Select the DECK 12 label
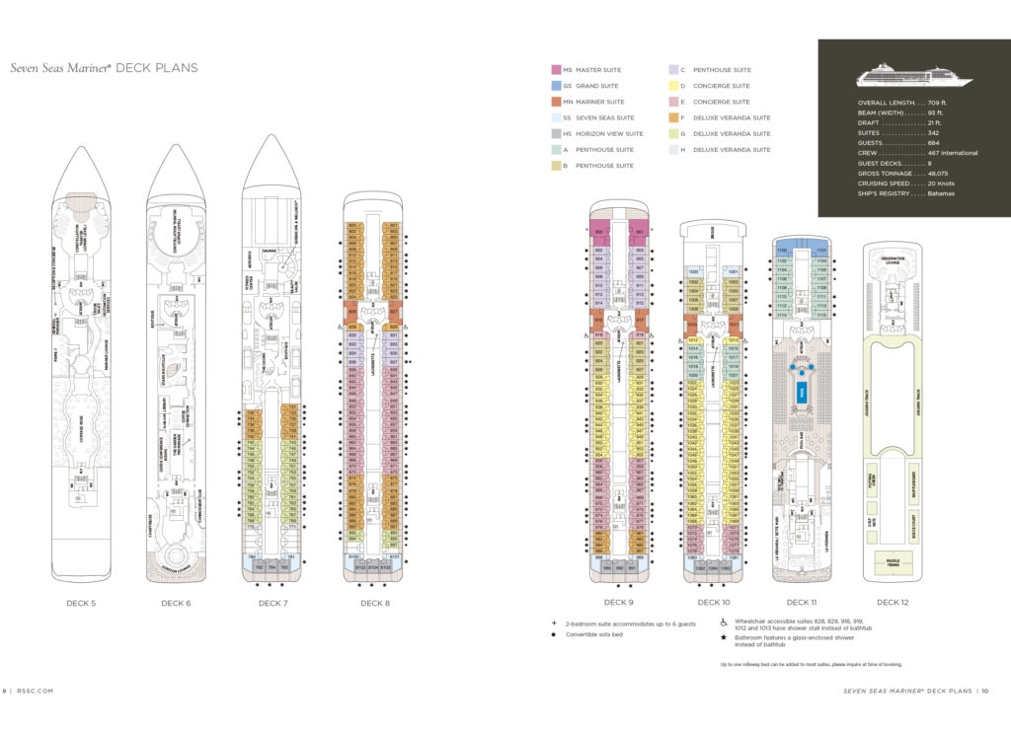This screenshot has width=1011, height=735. point(892,602)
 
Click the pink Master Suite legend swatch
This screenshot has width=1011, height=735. point(556,70)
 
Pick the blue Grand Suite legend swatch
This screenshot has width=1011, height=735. point(556,86)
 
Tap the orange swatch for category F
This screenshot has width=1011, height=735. point(674,117)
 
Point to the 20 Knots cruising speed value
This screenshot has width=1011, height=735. point(938,183)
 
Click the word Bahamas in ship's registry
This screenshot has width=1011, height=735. point(940,193)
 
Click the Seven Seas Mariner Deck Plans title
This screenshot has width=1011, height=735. point(104,68)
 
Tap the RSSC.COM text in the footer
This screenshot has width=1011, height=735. point(35,692)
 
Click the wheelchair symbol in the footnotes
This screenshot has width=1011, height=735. point(724,624)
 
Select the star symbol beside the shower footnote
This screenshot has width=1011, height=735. point(724,641)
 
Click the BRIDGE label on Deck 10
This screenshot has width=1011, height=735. point(713,234)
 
